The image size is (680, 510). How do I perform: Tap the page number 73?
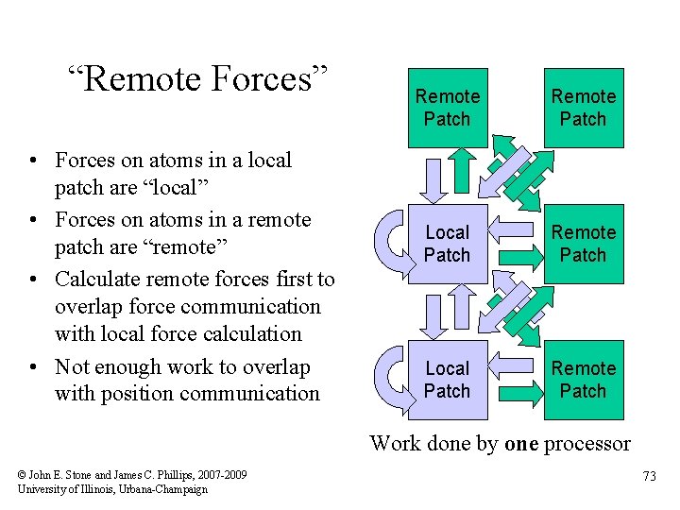(x=649, y=476)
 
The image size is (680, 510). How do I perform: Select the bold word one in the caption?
(x=522, y=443)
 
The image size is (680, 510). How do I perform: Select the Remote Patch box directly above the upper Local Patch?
(x=448, y=108)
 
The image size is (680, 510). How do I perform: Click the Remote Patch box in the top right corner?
(x=584, y=108)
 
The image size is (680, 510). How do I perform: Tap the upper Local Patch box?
(x=448, y=244)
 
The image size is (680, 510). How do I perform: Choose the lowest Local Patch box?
(x=448, y=380)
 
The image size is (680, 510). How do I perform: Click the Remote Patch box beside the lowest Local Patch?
(x=584, y=380)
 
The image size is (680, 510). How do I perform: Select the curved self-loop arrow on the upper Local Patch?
(x=389, y=244)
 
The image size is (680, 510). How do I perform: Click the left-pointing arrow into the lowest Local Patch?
(x=516, y=380)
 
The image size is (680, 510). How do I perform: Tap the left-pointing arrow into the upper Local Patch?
(x=516, y=244)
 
